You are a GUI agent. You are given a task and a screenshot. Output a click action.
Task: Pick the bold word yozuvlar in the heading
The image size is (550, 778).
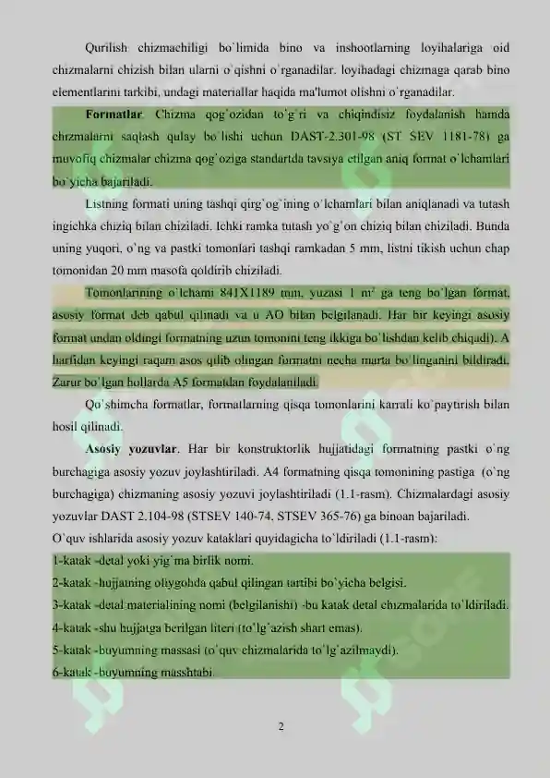pyautogui.click(x=151, y=449)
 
